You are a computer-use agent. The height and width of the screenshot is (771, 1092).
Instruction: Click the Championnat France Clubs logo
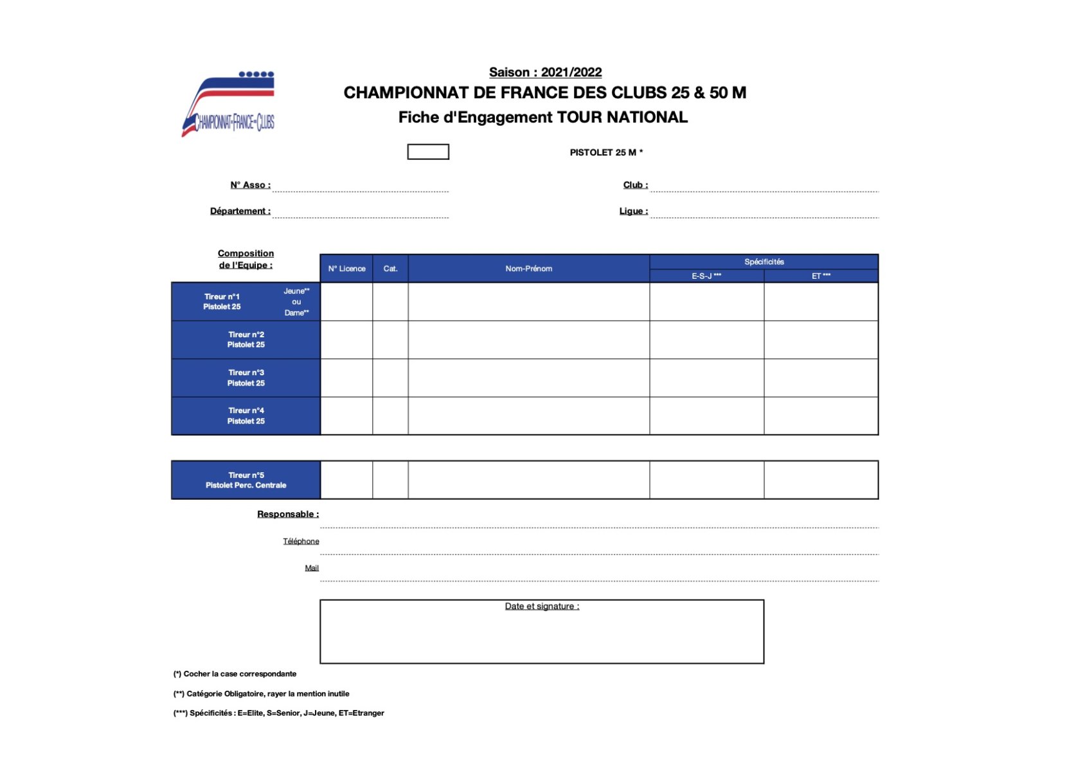[229, 104]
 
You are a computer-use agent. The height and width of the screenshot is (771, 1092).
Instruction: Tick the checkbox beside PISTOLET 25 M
[427, 152]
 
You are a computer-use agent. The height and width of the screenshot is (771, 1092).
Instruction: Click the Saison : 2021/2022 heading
[545, 73]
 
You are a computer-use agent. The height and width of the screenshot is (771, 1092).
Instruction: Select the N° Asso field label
[250, 185]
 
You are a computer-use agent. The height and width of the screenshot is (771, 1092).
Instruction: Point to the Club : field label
[635, 185]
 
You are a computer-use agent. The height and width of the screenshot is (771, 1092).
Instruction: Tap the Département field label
[240, 211]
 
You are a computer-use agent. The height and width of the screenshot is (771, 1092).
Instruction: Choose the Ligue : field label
[633, 211]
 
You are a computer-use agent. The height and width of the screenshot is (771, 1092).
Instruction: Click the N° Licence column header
[346, 269]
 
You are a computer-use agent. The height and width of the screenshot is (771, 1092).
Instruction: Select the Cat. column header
[390, 269]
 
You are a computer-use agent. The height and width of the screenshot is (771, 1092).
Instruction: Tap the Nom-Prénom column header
[528, 269]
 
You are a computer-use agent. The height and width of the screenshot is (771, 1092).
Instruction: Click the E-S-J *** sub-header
[706, 276]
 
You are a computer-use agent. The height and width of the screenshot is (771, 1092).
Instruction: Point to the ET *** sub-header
[821, 276]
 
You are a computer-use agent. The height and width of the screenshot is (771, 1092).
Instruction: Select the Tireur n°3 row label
[246, 378]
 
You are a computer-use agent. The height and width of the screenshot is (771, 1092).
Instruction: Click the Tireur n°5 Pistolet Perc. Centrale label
[246, 480]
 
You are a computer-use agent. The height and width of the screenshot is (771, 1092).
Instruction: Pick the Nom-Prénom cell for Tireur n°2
[528, 340]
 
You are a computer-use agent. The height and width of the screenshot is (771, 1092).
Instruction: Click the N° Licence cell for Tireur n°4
[346, 416]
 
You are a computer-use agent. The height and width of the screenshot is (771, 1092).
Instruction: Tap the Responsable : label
[287, 514]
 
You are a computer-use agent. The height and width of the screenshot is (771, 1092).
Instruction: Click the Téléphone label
[301, 542]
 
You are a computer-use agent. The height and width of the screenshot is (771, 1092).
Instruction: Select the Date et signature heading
[542, 607]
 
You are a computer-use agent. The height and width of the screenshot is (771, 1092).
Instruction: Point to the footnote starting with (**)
[261, 694]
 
